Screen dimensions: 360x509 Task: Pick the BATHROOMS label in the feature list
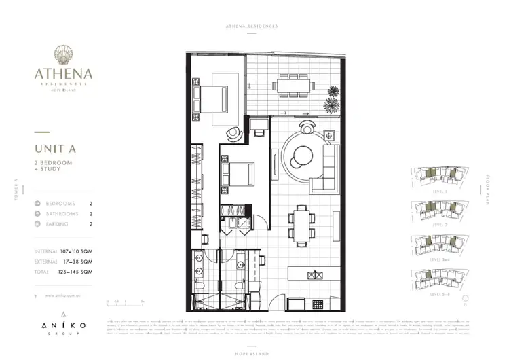click(x=62, y=213)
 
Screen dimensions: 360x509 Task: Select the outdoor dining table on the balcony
click(x=294, y=86)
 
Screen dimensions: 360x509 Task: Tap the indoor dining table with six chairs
click(x=301, y=222)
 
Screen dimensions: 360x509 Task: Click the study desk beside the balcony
click(x=259, y=126)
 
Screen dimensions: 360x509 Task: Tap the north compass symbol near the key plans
click(x=464, y=298)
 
